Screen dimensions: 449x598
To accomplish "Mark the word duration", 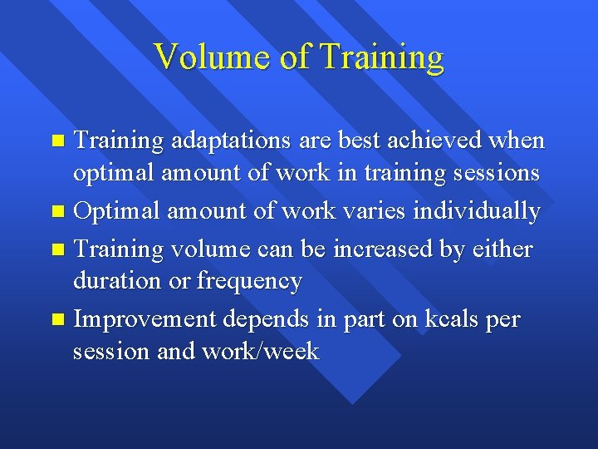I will (x=117, y=282).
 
